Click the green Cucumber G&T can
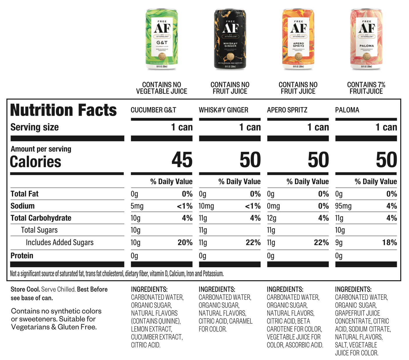coord(162,39)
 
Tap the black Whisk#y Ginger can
coord(230,39)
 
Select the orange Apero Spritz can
coord(298,39)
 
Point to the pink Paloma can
coord(366,39)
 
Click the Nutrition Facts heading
coord(63,111)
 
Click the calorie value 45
coord(182,160)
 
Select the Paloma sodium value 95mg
coord(343,206)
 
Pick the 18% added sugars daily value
coord(389,243)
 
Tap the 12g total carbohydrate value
coord(272,218)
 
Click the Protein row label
coord(22,256)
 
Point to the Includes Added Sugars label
coord(60,243)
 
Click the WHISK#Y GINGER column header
coord(223,110)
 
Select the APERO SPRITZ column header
coord(287,110)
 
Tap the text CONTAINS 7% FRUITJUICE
coord(366,88)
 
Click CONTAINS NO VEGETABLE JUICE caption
coord(161,88)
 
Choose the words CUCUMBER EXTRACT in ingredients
coord(157,337)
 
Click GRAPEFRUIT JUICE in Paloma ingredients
coord(357,313)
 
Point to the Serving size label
coord(35,127)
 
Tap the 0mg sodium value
coord(273,206)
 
